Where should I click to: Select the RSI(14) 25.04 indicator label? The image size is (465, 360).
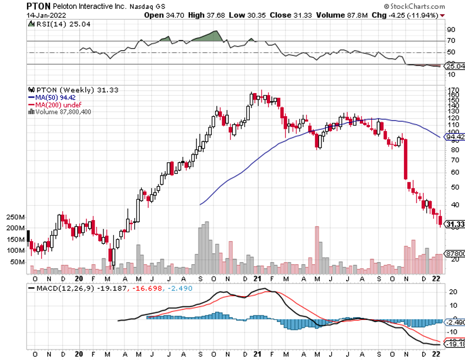click(54, 24)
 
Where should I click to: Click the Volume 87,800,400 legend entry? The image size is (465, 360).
click(62, 111)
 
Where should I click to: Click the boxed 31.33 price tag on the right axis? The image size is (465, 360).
click(455, 224)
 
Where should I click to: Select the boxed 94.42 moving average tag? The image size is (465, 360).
click(455, 137)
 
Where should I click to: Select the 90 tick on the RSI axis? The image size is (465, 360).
click(450, 30)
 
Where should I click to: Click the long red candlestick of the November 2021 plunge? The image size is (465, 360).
click(406, 159)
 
